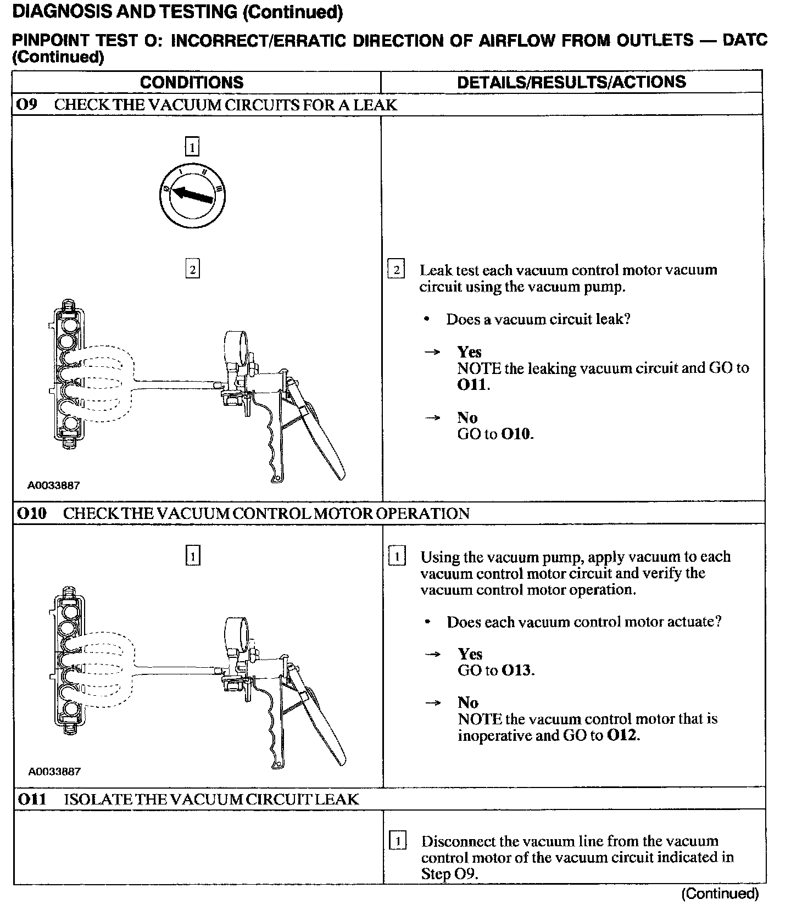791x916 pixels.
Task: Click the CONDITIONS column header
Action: pos(192,82)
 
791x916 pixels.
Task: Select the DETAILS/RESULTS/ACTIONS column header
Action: pos(571,82)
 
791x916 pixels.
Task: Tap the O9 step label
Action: pos(27,104)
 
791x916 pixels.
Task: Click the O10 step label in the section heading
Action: pos(32,513)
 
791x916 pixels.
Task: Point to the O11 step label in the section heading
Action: pos(32,799)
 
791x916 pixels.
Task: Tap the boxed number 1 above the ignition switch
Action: pos(192,147)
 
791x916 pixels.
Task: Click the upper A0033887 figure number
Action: pos(54,485)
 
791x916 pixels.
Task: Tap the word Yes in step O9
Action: pos(469,351)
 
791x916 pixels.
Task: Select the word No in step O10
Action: pos(468,702)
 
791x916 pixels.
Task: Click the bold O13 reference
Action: pos(516,671)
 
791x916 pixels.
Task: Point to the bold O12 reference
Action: pos(622,735)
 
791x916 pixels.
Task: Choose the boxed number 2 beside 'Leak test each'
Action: pos(396,270)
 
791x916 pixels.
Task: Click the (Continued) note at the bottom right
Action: pos(720,894)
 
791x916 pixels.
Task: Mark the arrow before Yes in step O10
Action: pos(433,654)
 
